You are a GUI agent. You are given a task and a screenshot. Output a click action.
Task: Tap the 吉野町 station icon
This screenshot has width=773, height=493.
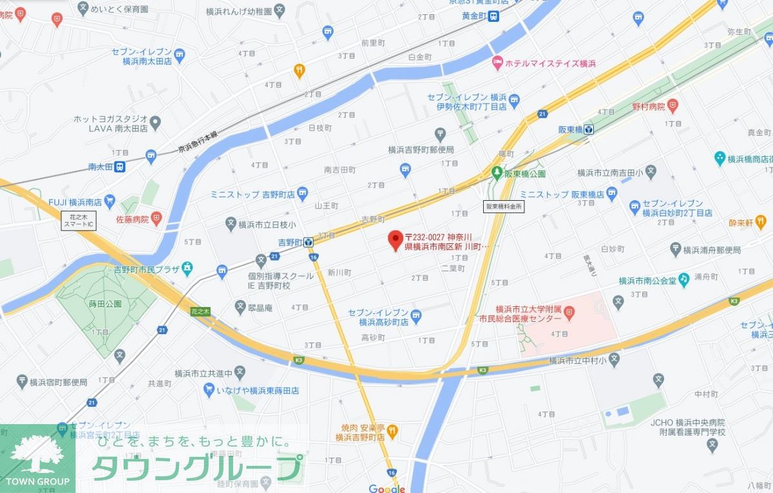(309, 243)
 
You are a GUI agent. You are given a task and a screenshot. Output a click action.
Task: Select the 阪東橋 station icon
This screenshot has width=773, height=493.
(589, 129)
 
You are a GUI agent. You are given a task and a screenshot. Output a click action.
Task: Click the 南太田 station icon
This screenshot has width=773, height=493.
(120, 167)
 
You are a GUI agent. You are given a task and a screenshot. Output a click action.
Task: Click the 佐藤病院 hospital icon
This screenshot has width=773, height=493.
(156, 219)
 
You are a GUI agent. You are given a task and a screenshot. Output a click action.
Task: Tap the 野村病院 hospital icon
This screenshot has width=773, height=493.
(673, 104)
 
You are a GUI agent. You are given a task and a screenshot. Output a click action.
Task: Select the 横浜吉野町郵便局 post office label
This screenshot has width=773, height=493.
(421, 149)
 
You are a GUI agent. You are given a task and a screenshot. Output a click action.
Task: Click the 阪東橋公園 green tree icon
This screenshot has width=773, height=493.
(497, 172)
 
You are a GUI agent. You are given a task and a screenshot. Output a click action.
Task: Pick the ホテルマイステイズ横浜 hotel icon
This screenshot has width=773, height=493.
(497, 63)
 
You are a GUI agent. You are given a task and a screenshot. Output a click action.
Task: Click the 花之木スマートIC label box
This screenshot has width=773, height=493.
(78, 221)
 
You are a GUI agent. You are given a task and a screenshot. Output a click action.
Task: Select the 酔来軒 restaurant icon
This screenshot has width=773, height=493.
(761, 222)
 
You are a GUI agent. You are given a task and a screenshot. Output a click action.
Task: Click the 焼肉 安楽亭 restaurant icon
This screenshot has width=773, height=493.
(392, 431)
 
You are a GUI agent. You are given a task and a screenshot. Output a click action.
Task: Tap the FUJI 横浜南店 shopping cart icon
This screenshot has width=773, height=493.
(109, 201)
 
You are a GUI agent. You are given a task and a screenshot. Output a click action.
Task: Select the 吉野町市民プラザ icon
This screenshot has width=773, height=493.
(187, 267)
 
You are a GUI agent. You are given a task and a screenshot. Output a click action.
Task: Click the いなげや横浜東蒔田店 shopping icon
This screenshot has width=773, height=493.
(209, 389)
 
